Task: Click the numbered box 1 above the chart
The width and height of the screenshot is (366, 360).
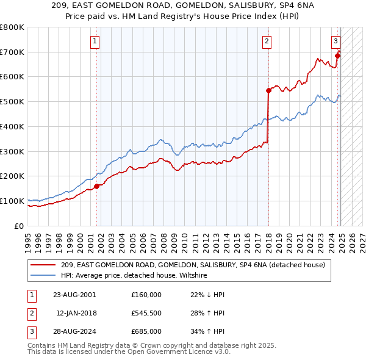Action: click(x=96, y=41)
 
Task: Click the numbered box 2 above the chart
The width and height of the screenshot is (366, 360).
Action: click(x=267, y=41)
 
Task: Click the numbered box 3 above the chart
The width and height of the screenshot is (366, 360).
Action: click(x=335, y=41)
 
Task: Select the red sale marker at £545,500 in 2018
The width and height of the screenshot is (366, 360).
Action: click(x=268, y=90)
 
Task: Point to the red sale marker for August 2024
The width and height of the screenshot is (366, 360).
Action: click(x=338, y=56)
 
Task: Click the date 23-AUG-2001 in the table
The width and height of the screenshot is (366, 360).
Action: click(x=74, y=294)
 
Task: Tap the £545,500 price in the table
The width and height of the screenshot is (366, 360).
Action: click(x=146, y=313)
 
